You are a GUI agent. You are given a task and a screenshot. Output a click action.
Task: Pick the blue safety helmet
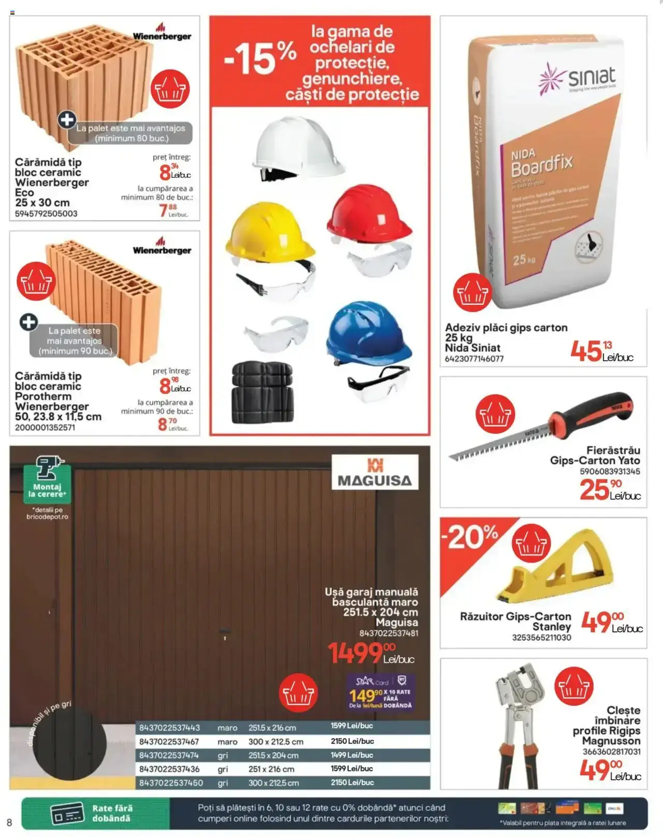368,332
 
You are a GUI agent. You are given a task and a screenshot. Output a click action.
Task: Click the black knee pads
262,391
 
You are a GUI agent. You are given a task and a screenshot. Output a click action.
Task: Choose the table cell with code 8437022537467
169,742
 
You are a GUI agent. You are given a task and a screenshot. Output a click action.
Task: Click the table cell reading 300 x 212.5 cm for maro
276,742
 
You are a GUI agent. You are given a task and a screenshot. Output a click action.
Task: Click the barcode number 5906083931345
610,472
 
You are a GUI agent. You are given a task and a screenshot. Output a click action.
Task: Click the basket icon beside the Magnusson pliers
573,686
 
